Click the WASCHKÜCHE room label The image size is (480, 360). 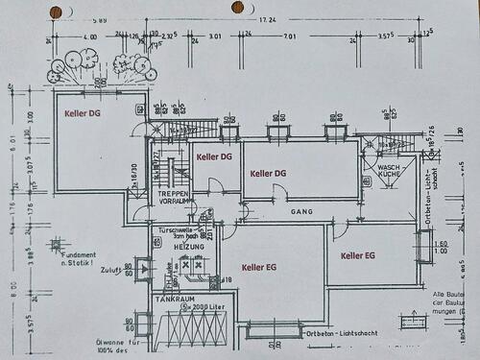click(x=389, y=172)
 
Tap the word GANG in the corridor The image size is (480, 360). click(x=302, y=211)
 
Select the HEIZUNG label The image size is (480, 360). click(x=176, y=246)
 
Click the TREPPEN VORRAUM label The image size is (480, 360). click(x=175, y=197)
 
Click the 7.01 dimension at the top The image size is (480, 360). click(x=291, y=36)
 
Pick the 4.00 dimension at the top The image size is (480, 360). click(x=91, y=36)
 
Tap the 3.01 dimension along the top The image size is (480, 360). click(x=215, y=36)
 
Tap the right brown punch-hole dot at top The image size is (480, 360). click(x=237, y=7)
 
